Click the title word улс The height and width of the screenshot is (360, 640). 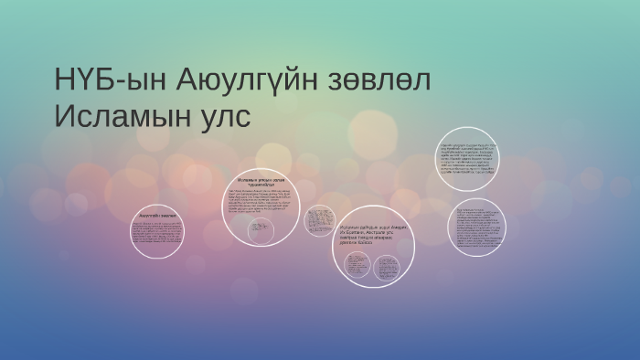tap(225, 119)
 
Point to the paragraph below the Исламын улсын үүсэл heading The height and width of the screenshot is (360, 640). tap(261, 202)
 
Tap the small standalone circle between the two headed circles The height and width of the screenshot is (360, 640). tap(319, 220)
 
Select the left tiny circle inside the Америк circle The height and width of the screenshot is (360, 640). tap(357, 266)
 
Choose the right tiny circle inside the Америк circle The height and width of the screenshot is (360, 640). tap(387, 267)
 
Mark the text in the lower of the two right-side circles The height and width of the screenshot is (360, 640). tap(478, 228)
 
